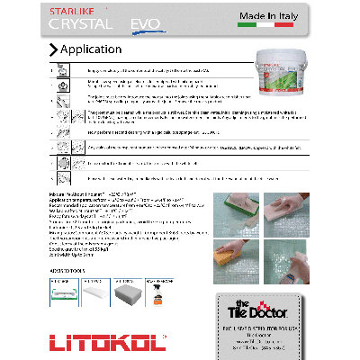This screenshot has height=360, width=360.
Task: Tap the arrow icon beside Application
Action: tap(54, 49)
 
